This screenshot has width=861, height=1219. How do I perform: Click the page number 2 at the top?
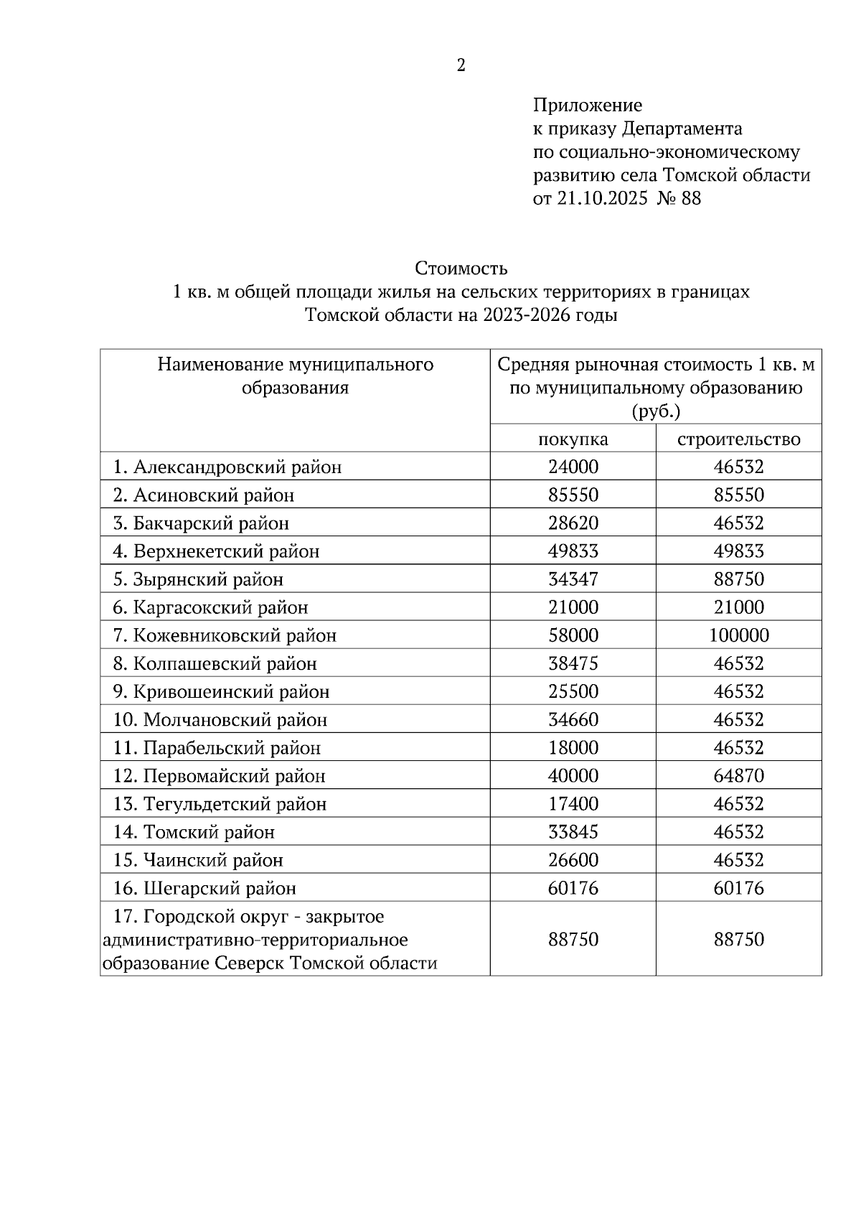(461, 66)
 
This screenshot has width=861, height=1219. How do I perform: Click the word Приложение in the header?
(587, 106)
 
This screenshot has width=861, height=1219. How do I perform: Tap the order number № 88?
(679, 198)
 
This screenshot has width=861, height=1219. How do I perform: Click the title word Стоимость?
(461, 268)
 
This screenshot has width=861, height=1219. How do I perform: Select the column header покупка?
(573, 439)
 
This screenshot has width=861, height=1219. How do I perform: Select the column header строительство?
(738, 439)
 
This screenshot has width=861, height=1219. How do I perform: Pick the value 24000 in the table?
(573, 467)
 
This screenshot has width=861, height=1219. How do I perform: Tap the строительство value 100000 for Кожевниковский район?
(738, 635)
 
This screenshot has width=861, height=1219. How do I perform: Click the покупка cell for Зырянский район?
(573, 579)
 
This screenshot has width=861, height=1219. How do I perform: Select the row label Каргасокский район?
(220, 607)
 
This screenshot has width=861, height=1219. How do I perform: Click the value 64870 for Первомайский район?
(738, 776)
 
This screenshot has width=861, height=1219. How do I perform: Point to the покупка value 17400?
(573, 804)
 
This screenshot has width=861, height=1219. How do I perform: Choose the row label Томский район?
(209, 832)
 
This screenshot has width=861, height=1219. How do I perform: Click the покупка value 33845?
(573, 832)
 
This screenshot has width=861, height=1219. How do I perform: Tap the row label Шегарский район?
(220, 888)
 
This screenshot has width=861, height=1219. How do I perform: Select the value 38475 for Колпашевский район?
(573, 663)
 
